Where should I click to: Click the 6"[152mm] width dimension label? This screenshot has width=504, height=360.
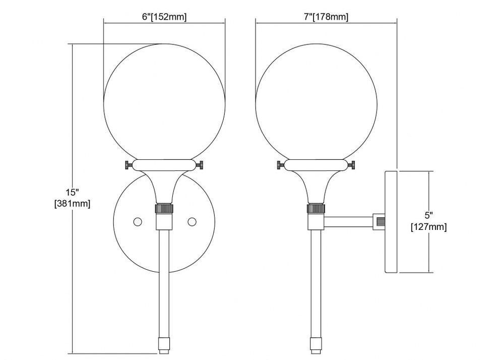(164, 17)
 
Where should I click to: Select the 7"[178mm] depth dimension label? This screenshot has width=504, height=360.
(326, 17)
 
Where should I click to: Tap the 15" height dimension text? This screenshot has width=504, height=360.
(72, 193)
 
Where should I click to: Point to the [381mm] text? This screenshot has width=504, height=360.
(72, 204)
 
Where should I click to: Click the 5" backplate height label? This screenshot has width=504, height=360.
(428, 215)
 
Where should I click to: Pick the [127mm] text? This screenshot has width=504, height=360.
(429, 227)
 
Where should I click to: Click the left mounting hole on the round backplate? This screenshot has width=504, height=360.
(138, 221)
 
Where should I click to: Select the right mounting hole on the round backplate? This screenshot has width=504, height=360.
(192, 221)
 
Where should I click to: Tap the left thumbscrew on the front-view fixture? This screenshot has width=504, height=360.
(129, 165)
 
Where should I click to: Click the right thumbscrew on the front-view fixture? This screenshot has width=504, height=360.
(201, 165)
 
